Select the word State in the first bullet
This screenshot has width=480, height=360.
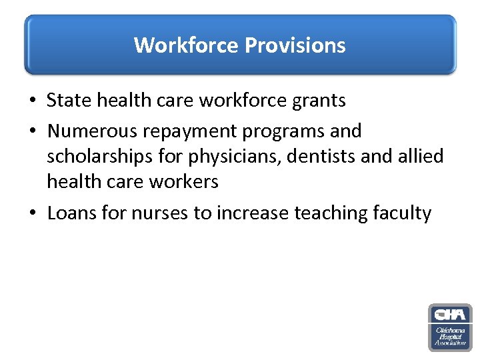coord(69,101)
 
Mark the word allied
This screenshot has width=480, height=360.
coord(420,156)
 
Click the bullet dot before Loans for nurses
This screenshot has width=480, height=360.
coord(32,214)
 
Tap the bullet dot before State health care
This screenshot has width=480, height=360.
coord(32,101)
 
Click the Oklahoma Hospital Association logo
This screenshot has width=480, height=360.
coord(449,327)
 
